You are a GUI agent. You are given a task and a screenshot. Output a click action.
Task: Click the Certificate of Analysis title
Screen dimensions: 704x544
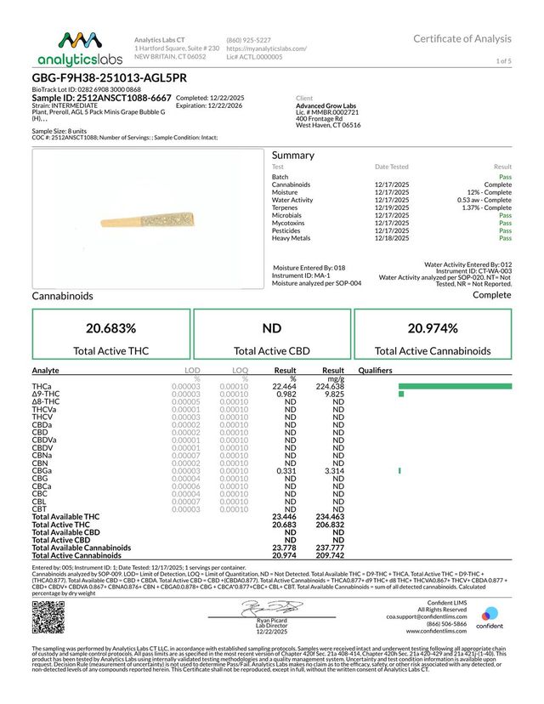pyautogui.click(x=462, y=39)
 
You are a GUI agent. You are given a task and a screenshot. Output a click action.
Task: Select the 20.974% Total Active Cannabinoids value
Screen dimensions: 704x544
pyautogui.click(x=433, y=328)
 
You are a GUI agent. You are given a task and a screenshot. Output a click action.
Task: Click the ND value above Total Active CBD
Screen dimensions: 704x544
pyautogui.click(x=271, y=328)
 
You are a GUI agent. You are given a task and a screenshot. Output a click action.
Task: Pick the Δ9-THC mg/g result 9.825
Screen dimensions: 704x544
pyautogui.click(x=332, y=394)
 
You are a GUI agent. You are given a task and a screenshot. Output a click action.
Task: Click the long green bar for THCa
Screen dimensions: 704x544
pyautogui.click(x=455, y=386)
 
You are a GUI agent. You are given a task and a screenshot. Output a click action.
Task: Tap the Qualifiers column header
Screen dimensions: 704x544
pyautogui.click(x=376, y=371)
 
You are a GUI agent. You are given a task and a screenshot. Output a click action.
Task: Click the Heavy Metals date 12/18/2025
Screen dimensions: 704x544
pyautogui.click(x=392, y=238)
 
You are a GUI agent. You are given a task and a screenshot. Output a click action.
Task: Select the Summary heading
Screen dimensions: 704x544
pyautogui.click(x=293, y=156)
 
